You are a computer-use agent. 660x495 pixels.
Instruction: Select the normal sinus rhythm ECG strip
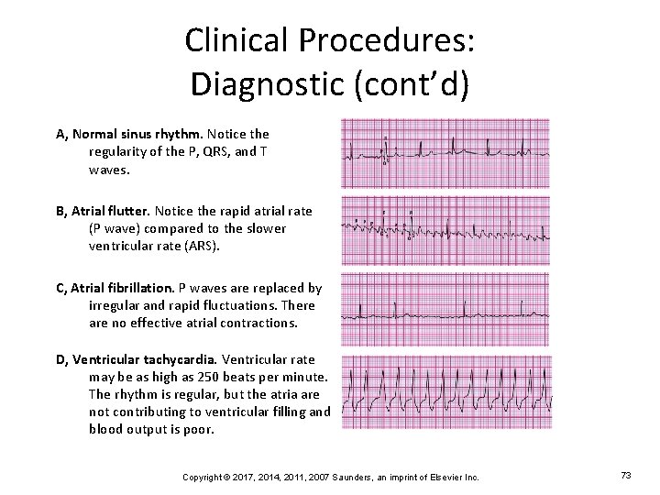[445, 153]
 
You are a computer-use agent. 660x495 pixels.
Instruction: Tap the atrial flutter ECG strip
[445, 230]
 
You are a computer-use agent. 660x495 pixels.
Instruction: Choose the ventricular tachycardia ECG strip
[445, 392]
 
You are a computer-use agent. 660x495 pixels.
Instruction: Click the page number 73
[626, 476]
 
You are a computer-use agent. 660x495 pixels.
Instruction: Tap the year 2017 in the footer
[238, 477]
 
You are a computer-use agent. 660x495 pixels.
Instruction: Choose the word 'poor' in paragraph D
[198, 429]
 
